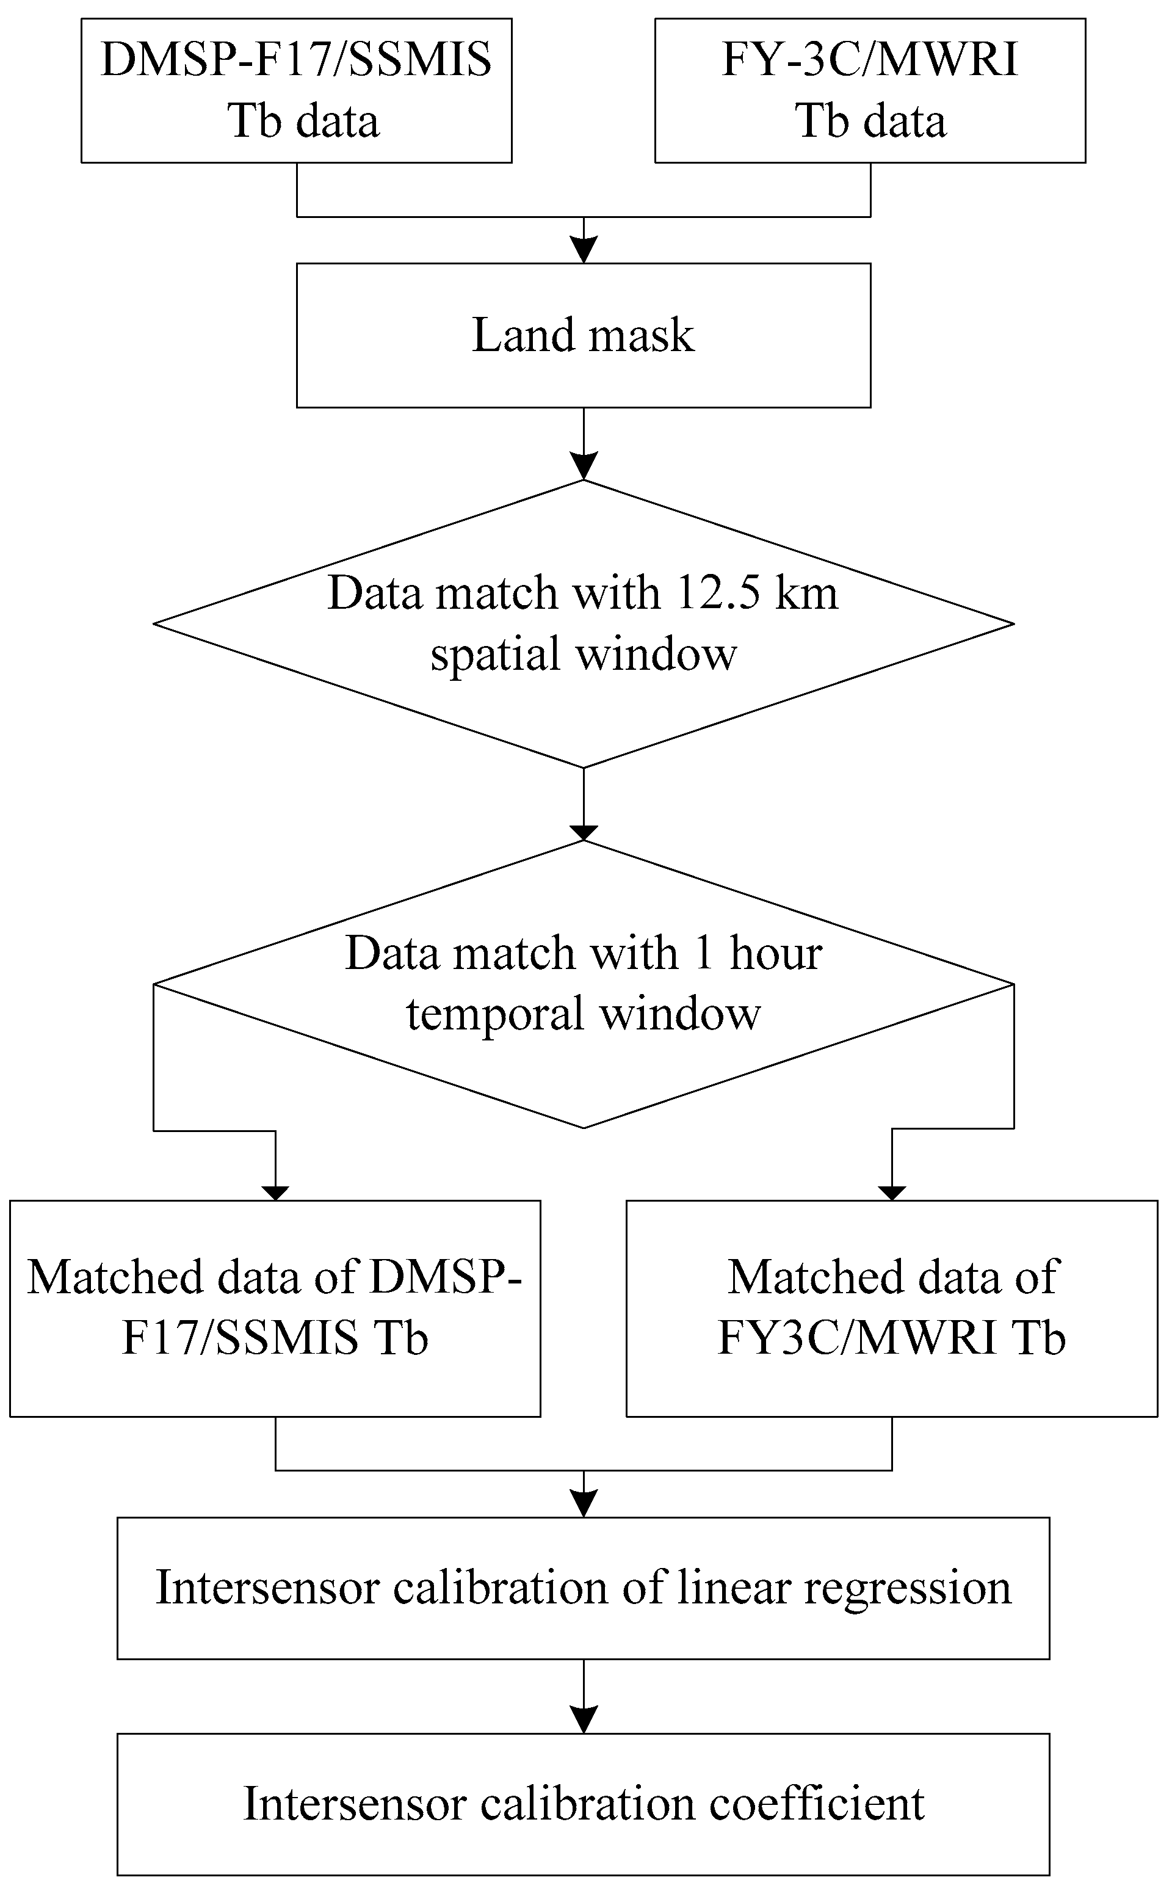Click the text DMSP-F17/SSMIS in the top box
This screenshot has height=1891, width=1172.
[x=296, y=60]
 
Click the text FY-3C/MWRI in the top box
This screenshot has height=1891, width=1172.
[x=870, y=60]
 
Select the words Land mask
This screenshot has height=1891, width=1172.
[x=583, y=336]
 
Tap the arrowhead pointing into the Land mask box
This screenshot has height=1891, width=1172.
[x=584, y=250]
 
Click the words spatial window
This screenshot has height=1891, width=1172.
[x=583, y=653]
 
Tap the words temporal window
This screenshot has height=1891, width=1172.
[x=583, y=1014]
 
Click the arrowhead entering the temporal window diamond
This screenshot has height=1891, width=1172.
[x=584, y=833]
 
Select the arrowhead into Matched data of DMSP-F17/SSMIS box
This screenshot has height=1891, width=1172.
[x=275, y=1192]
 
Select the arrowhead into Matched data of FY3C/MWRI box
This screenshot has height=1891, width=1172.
[x=892, y=1192]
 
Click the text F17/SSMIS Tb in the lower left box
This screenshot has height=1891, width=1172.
[x=275, y=1337]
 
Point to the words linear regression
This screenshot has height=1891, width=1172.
[x=845, y=1587]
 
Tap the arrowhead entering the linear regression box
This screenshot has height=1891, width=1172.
[x=584, y=1503]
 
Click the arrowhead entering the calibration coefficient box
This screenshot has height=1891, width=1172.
[x=584, y=1719]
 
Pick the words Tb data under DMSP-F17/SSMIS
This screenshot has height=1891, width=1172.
[x=303, y=122]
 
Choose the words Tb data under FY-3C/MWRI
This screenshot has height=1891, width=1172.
[x=870, y=122]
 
